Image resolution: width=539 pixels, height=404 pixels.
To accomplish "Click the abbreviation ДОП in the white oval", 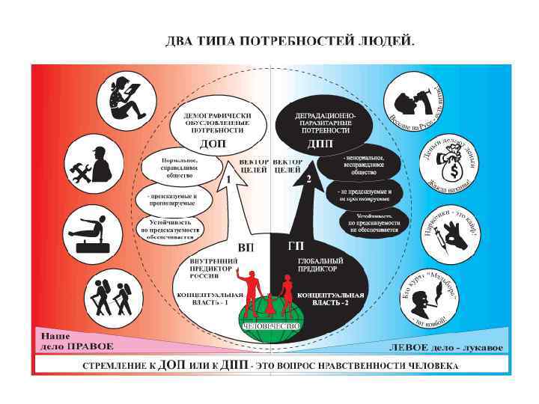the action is (x=213, y=142).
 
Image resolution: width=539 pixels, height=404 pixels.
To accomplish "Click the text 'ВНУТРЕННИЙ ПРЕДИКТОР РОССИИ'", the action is (x=213, y=267).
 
